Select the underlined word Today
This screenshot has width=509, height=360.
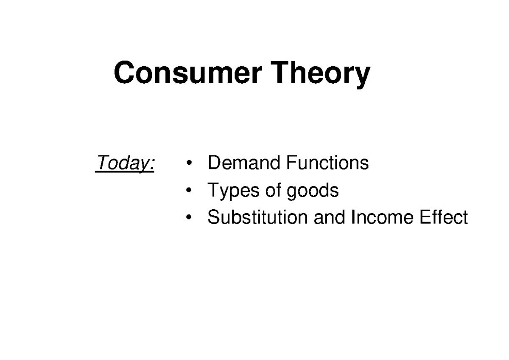click(123, 163)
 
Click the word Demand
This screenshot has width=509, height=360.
click(243, 163)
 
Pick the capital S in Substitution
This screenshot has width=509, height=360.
click(213, 217)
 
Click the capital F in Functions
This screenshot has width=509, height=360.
click(290, 163)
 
